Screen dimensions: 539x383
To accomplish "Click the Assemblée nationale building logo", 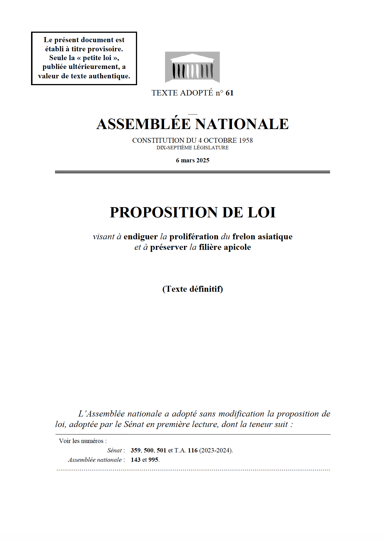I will [x=192, y=67].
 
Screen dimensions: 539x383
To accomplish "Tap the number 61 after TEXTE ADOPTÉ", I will [x=229, y=93].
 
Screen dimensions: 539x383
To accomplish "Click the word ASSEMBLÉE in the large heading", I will [x=144, y=124].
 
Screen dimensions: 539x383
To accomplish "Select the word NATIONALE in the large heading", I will [x=242, y=124].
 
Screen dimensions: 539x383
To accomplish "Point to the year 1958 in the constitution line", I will [x=246, y=140].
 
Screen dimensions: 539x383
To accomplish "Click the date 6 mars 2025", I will [x=193, y=160].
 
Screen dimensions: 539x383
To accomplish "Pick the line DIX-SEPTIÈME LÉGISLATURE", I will [x=193, y=148].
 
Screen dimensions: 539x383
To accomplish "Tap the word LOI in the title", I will [x=262, y=213].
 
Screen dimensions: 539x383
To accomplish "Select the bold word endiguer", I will [x=140, y=237].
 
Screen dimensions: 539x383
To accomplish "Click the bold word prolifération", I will [x=194, y=237].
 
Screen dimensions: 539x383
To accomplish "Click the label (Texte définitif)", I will [x=193, y=289].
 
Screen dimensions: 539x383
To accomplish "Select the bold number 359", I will [x=136, y=450].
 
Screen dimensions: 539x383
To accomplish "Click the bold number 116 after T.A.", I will [x=193, y=450].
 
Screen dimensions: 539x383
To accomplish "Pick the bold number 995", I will [x=153, y=460].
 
